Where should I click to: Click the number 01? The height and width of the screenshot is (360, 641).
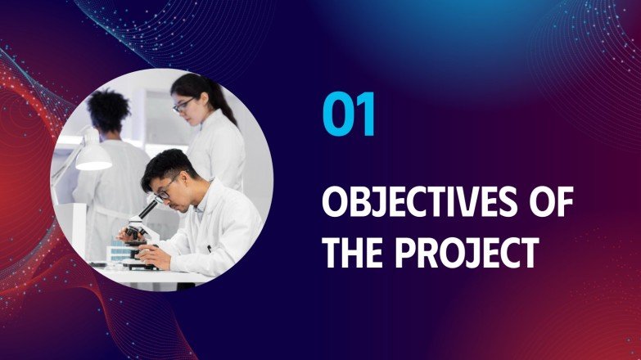click(350, 115)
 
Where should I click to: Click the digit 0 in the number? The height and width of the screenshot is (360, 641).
click(336, 115)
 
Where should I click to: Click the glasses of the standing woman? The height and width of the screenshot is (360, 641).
click(183, 104)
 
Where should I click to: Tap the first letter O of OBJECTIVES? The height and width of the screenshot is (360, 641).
click(333, 202)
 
